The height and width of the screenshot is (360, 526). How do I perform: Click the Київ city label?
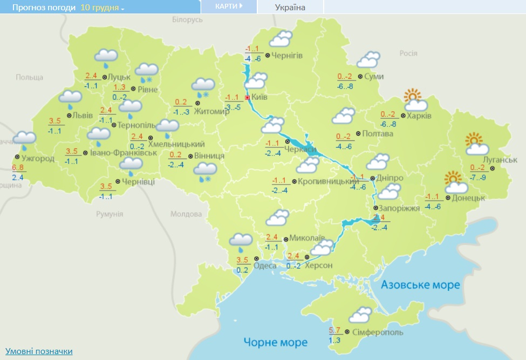(259, 98)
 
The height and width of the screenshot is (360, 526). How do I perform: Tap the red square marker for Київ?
(247, 98)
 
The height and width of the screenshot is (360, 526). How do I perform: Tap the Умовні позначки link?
(38, 351)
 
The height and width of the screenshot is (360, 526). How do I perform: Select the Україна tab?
(290, 7)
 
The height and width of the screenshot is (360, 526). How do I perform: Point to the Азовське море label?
(421, 284)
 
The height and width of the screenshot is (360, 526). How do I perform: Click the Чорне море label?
(275, 342)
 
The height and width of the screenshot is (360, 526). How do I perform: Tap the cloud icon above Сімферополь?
(360, 315)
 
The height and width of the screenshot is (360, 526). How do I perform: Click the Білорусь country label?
(187, 19)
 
